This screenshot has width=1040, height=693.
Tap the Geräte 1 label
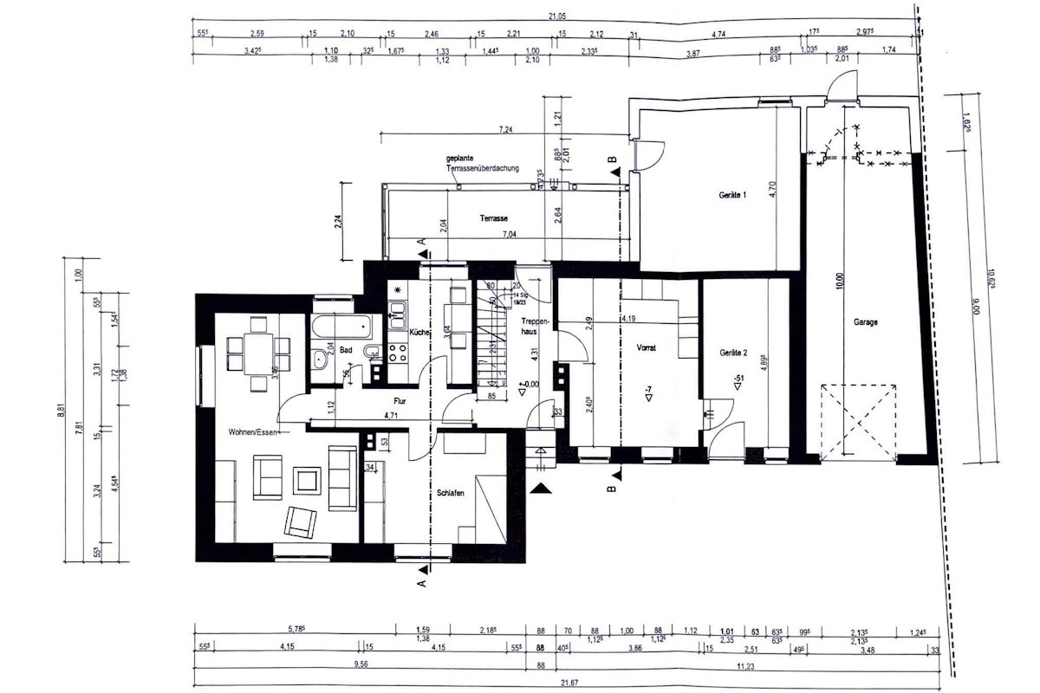732,196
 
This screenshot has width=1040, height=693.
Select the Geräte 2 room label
733,353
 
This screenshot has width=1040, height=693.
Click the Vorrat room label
646,347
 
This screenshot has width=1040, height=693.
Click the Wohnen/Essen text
252,431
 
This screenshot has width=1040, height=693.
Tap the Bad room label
346,350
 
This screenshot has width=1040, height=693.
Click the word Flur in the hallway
400,401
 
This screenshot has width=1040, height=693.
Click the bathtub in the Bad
344,328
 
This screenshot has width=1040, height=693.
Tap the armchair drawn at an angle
301,519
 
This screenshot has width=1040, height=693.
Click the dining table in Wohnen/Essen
257,348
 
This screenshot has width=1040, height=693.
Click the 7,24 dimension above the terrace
504,129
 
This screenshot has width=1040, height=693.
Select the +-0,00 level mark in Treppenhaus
529,384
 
